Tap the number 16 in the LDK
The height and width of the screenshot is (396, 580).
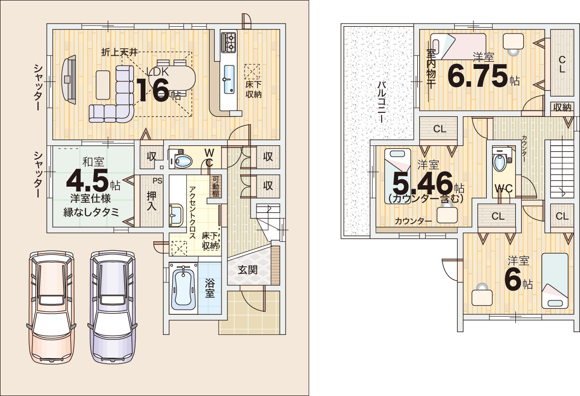click(152, 90)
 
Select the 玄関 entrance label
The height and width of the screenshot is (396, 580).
click(248, 270)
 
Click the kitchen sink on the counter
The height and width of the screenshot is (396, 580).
click(229, 79)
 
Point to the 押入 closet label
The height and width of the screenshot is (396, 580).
click(152, 201)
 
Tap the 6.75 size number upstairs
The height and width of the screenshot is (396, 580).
click(477, 76)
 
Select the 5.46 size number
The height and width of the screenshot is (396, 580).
click(422, 183)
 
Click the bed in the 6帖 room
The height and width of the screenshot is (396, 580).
click(555, 281)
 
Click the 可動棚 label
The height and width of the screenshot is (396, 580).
click(215, 186)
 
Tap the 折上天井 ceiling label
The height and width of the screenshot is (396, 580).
click(119, 52)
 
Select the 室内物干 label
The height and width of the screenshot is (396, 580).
click(431, 69)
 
